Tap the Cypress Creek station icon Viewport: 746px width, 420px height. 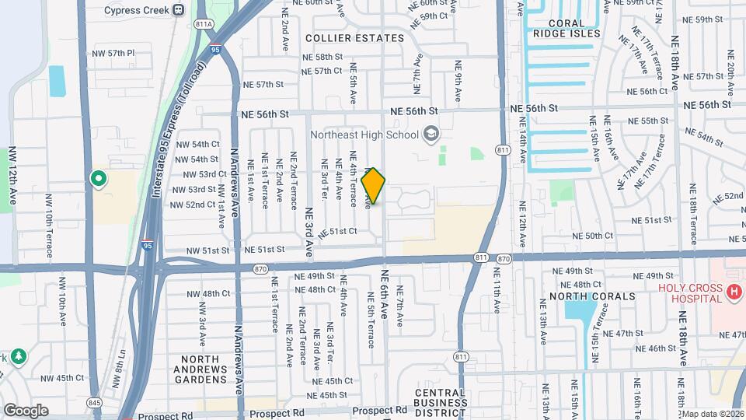click(x=178, y=9)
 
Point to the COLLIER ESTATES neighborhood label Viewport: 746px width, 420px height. click(x=355, y=38)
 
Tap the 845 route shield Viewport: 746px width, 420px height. click(x=95, y=402)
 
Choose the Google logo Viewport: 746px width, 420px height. click(x=26, y=411)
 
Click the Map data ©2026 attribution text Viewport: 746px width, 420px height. click(x=713, y=414)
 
